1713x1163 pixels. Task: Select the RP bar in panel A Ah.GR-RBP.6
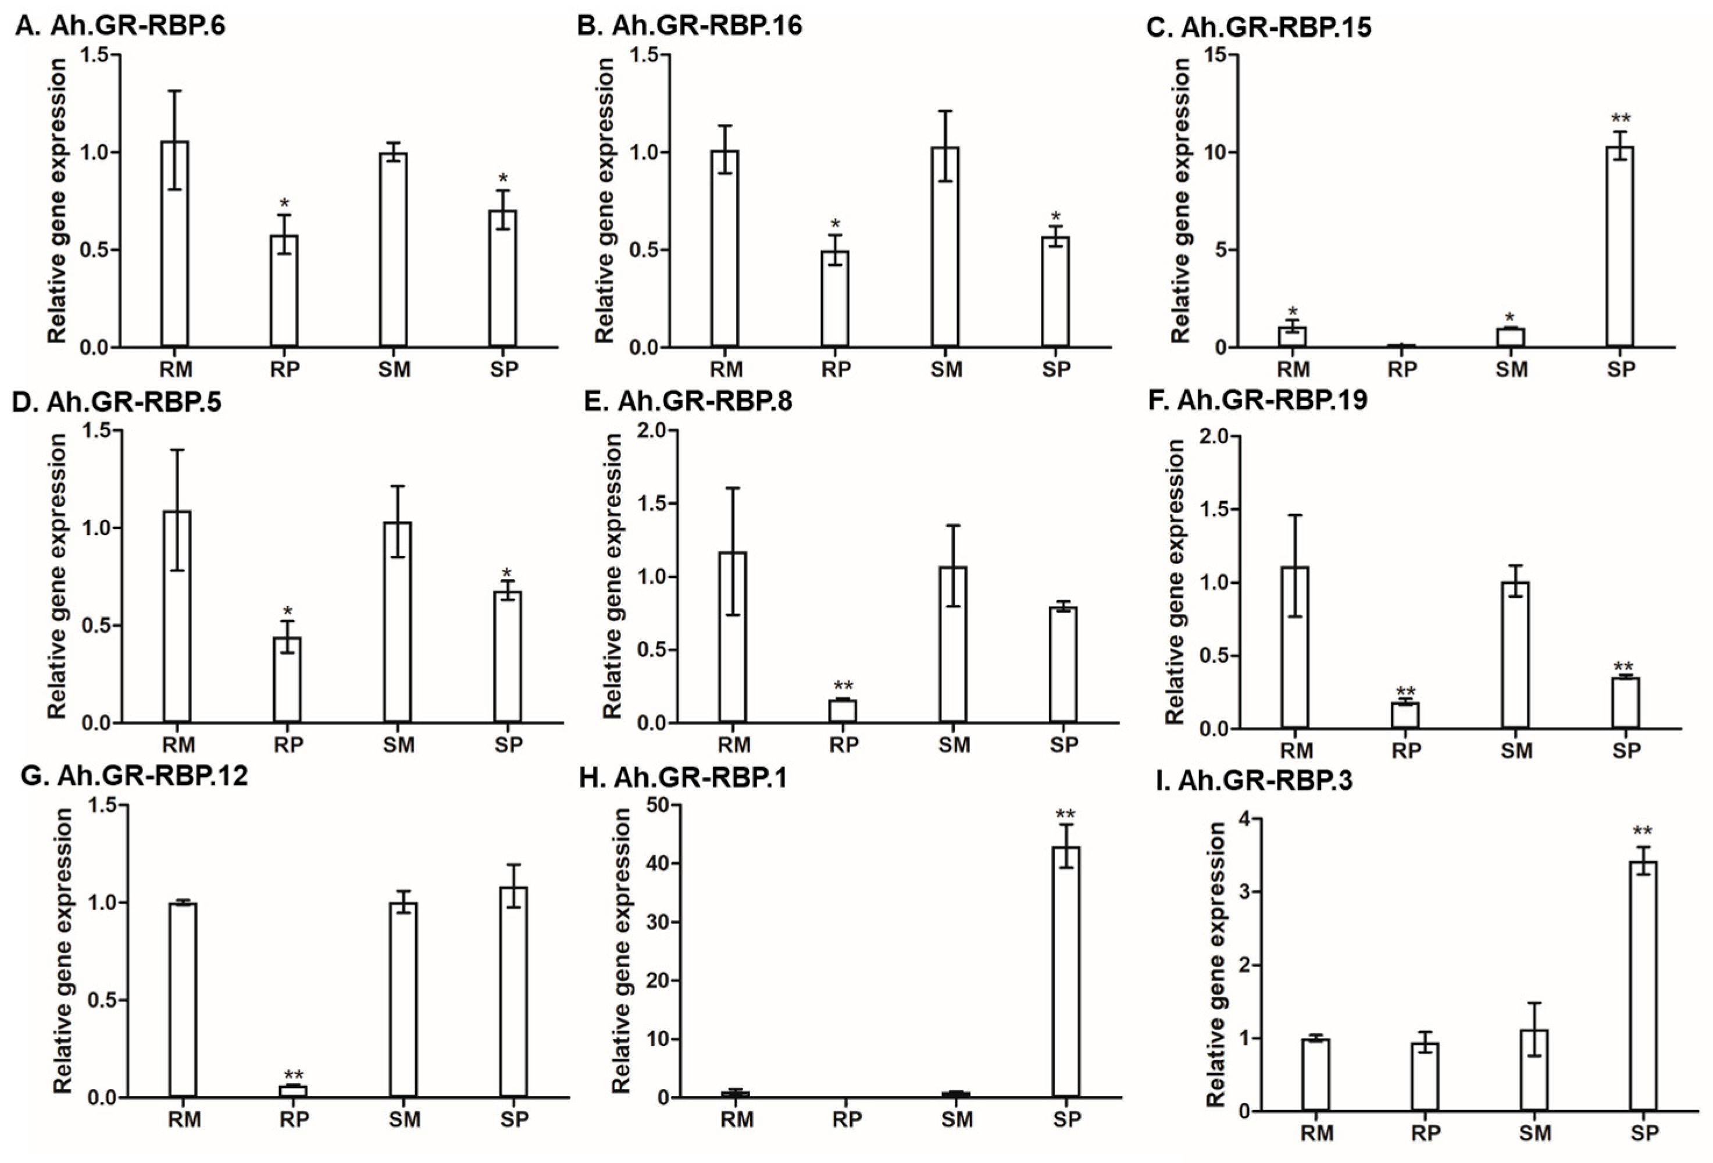[x=284, y=291]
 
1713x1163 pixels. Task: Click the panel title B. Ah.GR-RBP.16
[x=689, y=26]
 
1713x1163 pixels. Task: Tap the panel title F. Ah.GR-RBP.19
[x=1272, y=399]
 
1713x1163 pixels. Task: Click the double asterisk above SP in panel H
[x=1065, y=815]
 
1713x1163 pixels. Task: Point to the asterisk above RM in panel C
[x=1292, y=312]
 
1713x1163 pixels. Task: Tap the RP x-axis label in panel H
[x=847, y=1120]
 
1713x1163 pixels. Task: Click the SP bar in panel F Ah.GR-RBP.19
[x=1625, y=702]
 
